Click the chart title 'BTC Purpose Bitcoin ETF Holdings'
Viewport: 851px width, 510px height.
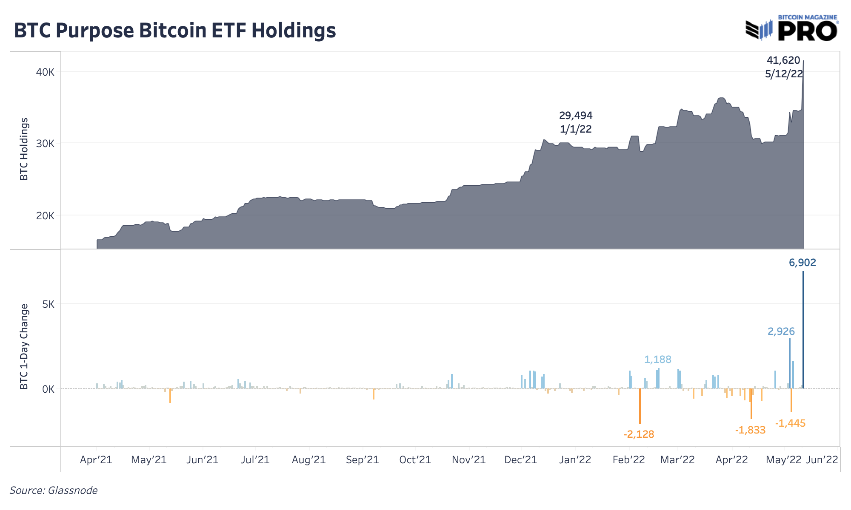tap(175, 31)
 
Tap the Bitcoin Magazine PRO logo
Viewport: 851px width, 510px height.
tap(792, 28)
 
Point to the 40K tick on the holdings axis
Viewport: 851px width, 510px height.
tap(46, 72)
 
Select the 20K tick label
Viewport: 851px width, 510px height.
tap(46, 215)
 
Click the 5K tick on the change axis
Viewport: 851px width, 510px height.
tap(48, 304)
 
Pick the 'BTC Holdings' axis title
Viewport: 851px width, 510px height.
tap(24, 149)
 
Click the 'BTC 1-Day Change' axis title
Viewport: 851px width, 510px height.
tap(24, 346)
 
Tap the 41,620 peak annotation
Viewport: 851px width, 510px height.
tap(783, 61)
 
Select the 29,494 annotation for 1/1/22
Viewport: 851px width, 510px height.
tap(576, 116)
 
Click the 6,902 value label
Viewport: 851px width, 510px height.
tap(802, 263)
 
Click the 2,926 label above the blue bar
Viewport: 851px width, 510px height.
tap(781, 331)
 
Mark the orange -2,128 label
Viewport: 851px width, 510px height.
tap(639, 434)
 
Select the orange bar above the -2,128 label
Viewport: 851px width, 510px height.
tap(640, 406)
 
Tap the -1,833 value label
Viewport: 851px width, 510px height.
tap(750, 430)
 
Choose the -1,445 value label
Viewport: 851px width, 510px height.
tap(791, 423)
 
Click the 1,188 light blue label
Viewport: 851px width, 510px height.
tap(658, 360)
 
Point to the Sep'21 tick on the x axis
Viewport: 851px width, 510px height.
tap(363, 460)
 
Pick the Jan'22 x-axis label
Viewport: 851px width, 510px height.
tap(575, 460)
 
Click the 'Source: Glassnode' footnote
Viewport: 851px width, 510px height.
tap(54, 490)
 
